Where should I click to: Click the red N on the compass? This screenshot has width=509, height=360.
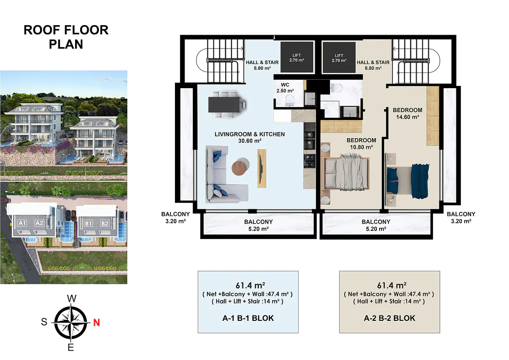[96, 323]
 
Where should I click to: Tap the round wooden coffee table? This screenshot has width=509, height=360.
[241, 166]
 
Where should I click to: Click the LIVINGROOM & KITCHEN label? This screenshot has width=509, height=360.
[250, 134]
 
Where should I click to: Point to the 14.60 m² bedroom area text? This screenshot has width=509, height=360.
[407, 117]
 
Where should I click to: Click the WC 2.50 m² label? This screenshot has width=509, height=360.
[285, 88]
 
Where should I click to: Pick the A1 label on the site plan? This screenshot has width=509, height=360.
[22, 223]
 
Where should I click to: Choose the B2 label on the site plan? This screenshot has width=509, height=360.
[104, 224]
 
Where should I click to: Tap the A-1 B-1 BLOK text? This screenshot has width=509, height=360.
[248, 318]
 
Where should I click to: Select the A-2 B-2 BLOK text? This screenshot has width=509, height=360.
[389, 318]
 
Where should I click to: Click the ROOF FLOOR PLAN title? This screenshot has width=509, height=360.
[66, 37]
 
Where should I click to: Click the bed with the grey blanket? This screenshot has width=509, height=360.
[347, 172]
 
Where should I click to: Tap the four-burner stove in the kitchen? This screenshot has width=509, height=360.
[309, 161]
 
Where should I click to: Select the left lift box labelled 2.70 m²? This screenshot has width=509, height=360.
[297, 57]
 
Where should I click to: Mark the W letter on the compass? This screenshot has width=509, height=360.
[72, 299]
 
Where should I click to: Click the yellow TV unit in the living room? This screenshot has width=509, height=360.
[262, 168]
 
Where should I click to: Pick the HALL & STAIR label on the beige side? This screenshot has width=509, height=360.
[373, 65]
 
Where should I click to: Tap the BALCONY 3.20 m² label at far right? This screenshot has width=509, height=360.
[461, 218]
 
